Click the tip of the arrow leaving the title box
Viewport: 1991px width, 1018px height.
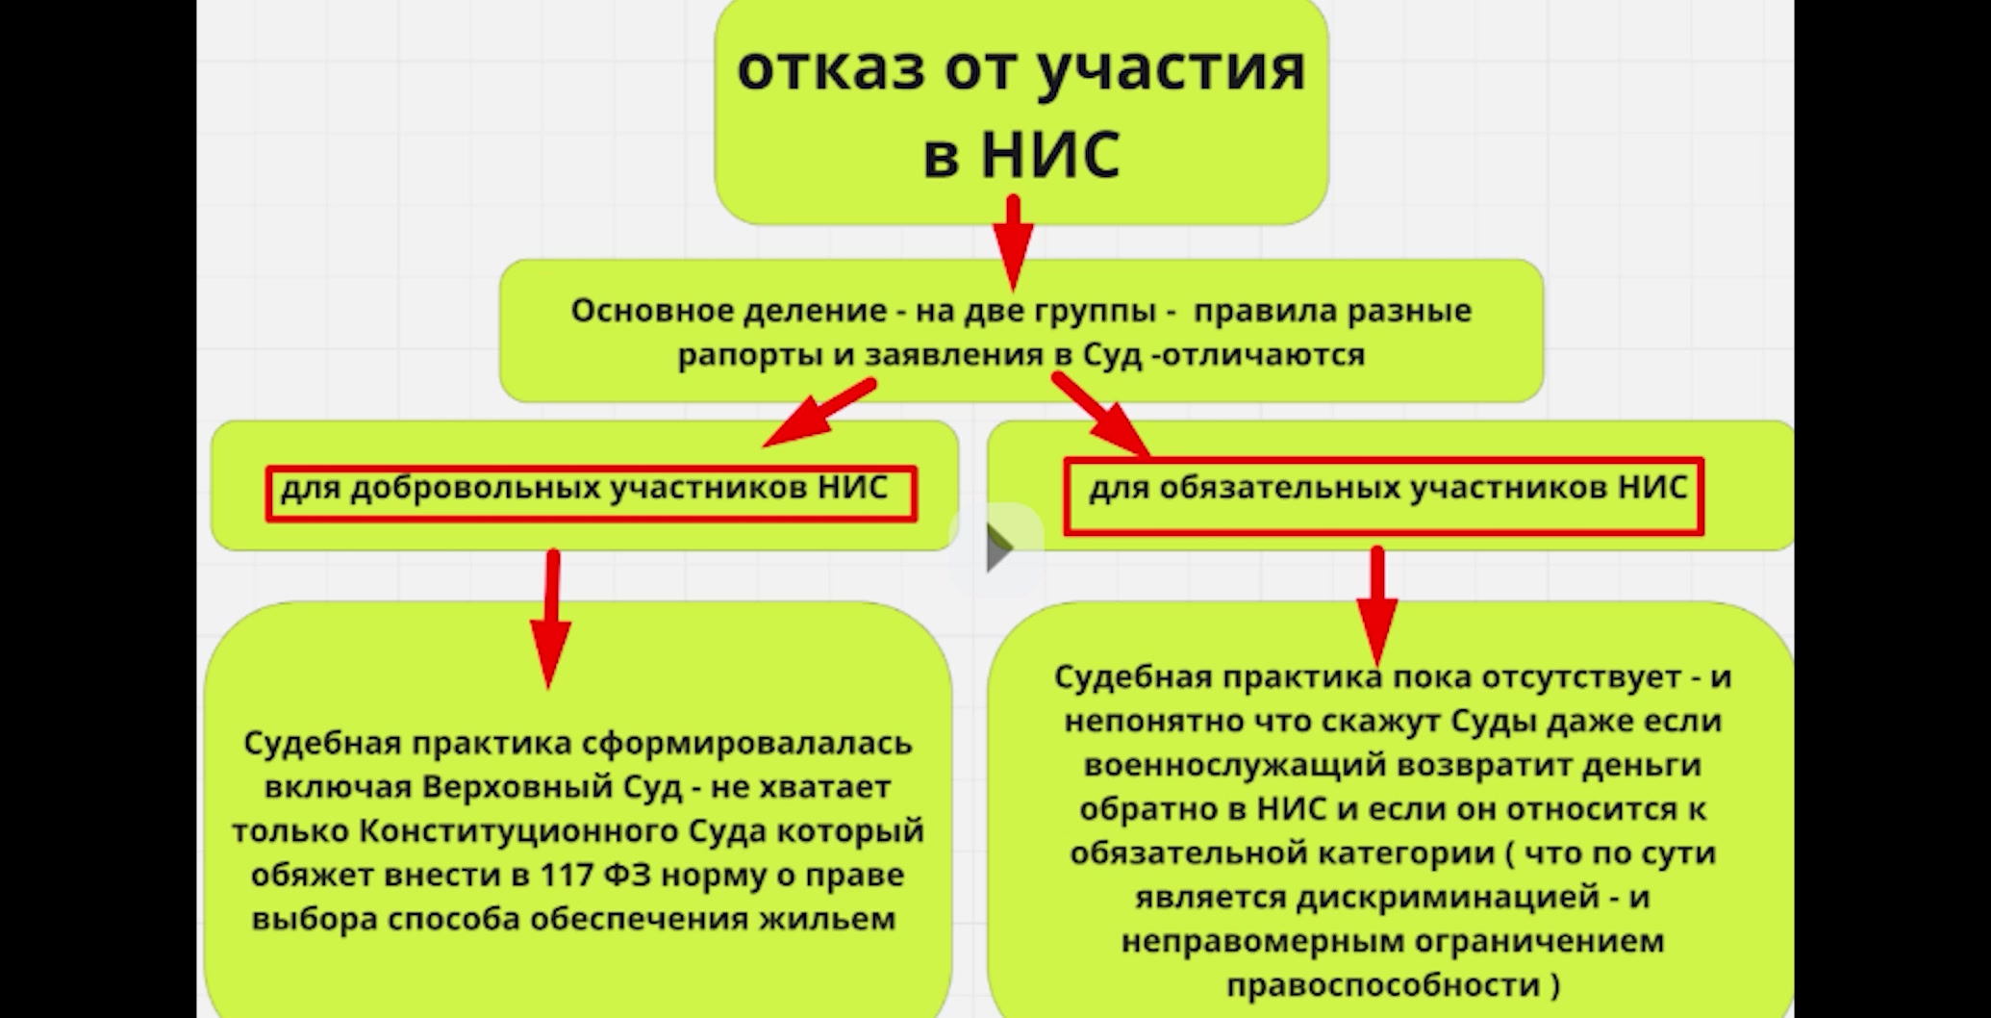[1013, 289]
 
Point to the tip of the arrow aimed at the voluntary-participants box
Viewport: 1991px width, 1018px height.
[765, 445]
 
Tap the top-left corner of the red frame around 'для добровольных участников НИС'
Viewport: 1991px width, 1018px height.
[267, 469]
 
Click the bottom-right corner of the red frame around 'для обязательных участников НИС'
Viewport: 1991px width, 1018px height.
[1702, 533]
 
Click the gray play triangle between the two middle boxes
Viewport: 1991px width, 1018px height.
[999, 549]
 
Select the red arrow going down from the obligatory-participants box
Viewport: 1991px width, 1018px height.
[1377, 607]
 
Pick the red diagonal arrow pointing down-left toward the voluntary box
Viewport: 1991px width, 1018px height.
[819, 413]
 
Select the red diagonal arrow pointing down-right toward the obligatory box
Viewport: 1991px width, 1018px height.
[1101, 415]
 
